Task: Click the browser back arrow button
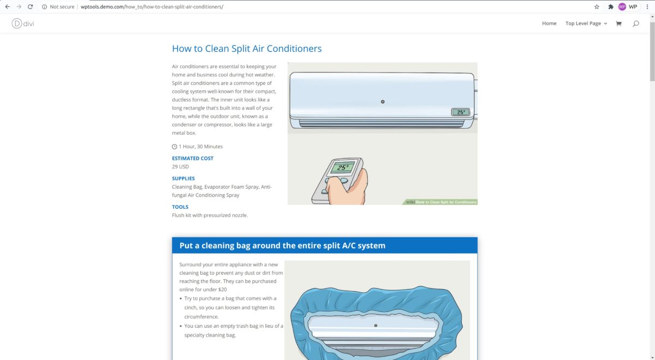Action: pyautogui.click(x=8, y=7)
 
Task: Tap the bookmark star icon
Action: pyautogui.click(x=597, y=7)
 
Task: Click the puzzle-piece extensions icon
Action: pyautogui.click(x=611, y=7)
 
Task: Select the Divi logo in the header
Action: pyautogui.click(x=23, y=23)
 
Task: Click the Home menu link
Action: pyautogui.click(x=549, y=23)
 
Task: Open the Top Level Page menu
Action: pyautogui.click(x=586, y=23)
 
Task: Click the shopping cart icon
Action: pyautogui.click(x=618, y=23)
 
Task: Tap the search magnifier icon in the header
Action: pyautogui.click(x=636, y=23)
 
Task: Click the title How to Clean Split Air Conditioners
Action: pyautogui.click(x=247, y=49)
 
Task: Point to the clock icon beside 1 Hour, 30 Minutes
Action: pyautogui.click(x=175, y=147)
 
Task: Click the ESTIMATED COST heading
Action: pyautogui.click(x=193, y=158)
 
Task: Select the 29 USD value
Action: pyautogui.click(x=180, y=167)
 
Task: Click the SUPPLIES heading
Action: pyautogui.click(x=183, y=178)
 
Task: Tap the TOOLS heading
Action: pyautogui.click(x=180, y=207)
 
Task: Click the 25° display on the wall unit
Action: pyautogui.click(x=461, y=112)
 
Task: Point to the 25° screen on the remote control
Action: pyautogui.click(x=342, y=168)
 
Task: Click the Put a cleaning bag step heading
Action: pyautogui.click(x=282, y=245)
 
